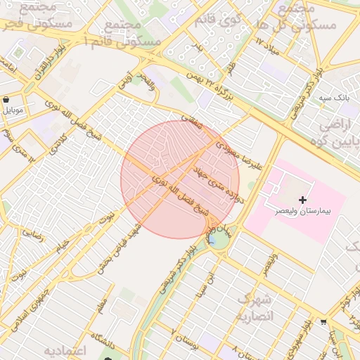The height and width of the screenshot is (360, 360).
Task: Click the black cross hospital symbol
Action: tap(303, 200)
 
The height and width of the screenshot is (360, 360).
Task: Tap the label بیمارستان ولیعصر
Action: tap(303, 211)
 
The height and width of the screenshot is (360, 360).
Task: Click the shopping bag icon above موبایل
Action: tap(7, 99)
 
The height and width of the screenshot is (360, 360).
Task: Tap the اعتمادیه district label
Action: tap(65, 350)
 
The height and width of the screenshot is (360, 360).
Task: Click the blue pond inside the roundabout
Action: tap(212, 238)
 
